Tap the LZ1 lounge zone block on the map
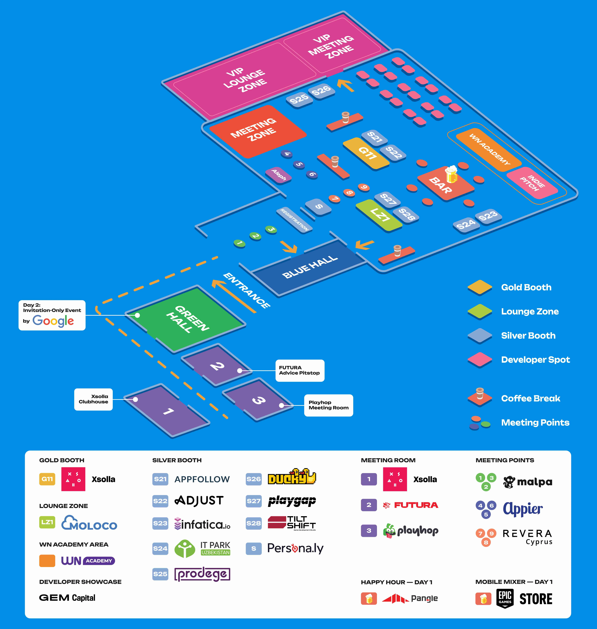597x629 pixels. [x=379, y=215]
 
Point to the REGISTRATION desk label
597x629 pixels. [x=294, y=219]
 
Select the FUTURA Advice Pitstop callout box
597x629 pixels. [x=299, y=370]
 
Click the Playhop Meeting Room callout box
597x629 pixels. [x=328, y=405]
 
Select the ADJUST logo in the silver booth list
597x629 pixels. [x=199, y=501]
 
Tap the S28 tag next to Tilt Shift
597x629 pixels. [x=254, y=523]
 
